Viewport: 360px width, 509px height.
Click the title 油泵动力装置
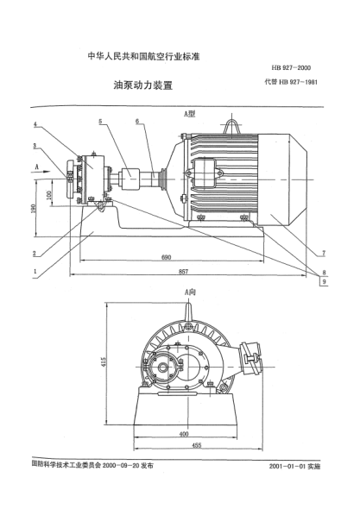[138, 87]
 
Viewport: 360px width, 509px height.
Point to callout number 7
[323, 253]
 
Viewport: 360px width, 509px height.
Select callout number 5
[100, 122]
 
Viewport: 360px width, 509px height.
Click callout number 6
[136, 122]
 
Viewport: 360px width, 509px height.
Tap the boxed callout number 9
[323, 281]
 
